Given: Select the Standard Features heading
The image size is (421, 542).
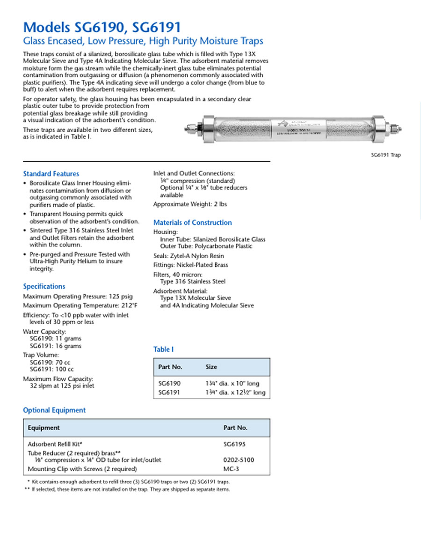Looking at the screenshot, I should click(51, 174).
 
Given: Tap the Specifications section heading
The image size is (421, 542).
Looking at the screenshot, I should click(44, 286).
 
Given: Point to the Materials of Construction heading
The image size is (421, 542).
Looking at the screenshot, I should click(193, 223).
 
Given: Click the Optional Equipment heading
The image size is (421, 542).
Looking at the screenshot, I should click(54, 410).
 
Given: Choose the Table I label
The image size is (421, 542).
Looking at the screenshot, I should click(164, 349).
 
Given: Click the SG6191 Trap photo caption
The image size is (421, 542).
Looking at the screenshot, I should click(385, 155).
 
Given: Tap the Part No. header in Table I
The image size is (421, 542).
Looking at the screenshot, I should click(170, 367).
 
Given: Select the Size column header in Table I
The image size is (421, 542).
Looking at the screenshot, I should click(211, 367).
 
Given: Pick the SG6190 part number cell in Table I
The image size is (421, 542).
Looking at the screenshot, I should click(169, 383).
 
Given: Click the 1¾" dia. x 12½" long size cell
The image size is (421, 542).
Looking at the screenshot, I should click(235, 392).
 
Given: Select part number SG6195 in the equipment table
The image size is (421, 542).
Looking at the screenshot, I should click(234, 443).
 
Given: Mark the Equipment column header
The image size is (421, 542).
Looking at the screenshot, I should click(44, 428).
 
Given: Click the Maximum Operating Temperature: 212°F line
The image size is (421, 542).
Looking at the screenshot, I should click(80, 305).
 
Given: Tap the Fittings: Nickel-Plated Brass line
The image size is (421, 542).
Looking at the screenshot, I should click(191, 265).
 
